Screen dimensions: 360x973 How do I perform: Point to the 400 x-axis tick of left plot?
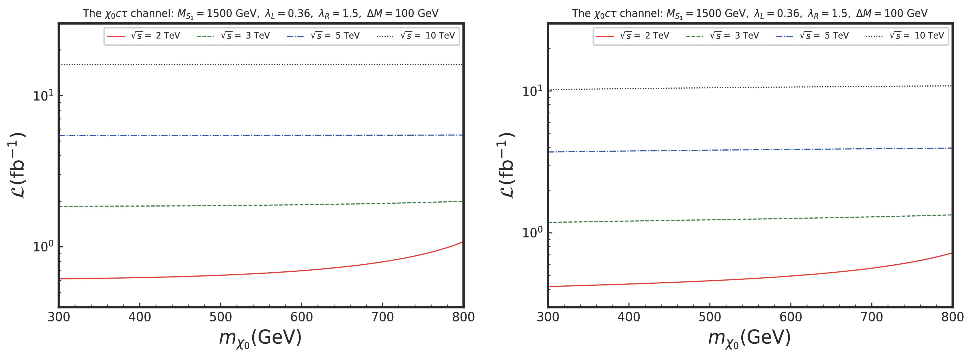(x=140, y=317)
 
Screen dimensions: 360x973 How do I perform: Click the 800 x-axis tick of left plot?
(x=463, y=317)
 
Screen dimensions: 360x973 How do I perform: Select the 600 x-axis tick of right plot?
(x=790, y=317)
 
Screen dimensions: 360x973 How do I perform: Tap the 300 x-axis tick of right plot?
(x=548, y=317)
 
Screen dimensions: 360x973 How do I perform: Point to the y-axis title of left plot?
(x=17, y=165)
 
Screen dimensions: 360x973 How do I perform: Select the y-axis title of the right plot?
(x=506, y=165)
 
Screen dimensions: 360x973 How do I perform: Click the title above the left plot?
(x=261, y=14)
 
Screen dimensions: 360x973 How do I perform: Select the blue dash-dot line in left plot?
(x=261, y=135)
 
